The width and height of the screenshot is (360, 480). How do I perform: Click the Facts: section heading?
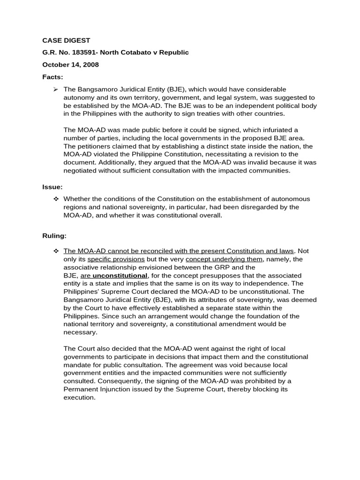point(52,77)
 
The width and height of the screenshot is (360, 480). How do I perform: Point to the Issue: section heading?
point(52,187)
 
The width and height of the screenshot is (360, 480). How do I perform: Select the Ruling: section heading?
point(54,235)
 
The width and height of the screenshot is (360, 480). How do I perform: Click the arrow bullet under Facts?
point(56,89)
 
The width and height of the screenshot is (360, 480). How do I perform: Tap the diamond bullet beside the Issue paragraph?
point(56,199)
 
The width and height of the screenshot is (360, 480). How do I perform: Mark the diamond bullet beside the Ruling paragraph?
point(56,251)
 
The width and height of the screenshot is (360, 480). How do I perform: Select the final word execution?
point(79,397)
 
